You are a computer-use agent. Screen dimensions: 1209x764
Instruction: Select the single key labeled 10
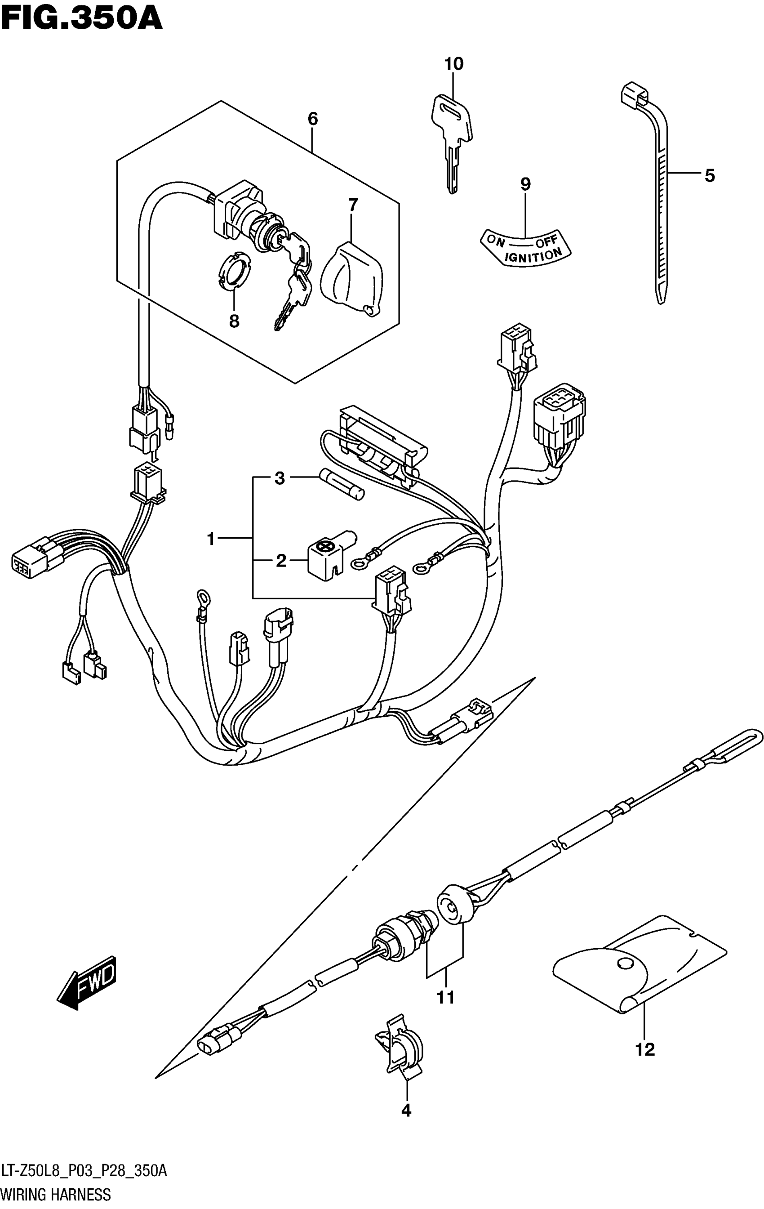451,141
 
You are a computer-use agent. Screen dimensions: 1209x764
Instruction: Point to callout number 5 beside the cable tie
709,176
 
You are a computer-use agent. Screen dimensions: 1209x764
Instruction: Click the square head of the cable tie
634,94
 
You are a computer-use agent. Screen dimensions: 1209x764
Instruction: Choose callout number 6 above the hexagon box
312,120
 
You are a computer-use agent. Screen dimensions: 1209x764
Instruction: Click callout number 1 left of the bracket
211,539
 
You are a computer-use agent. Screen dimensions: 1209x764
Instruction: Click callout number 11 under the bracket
445,997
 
